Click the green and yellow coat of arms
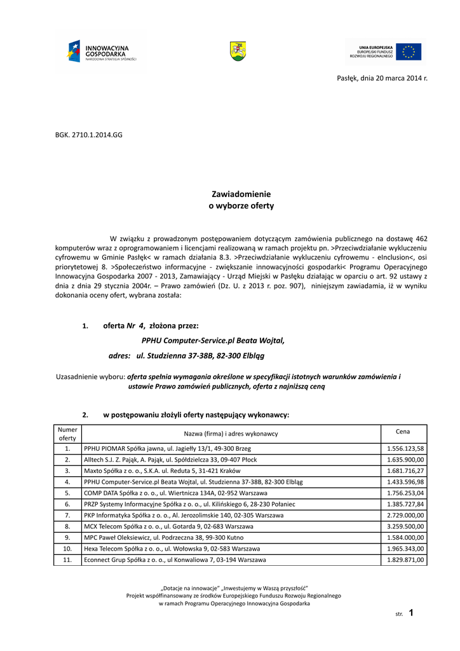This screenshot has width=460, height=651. tap(238, 51)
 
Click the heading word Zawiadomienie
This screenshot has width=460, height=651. tap(241, 194)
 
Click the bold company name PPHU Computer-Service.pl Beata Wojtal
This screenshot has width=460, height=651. tap(213, 340)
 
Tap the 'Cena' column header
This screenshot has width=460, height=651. tap(403, 432)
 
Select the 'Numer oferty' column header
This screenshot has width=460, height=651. tap(67, 434)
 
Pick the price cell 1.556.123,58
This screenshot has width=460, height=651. tap(405, 449)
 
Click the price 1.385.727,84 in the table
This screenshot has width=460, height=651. tap(405, 504)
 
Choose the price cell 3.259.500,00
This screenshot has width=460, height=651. tap(405, 526)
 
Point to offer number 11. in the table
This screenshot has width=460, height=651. tap(67, 560)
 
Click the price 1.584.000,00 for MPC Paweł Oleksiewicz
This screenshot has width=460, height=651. tap(405, 538)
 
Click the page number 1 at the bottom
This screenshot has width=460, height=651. tap(411, 613)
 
